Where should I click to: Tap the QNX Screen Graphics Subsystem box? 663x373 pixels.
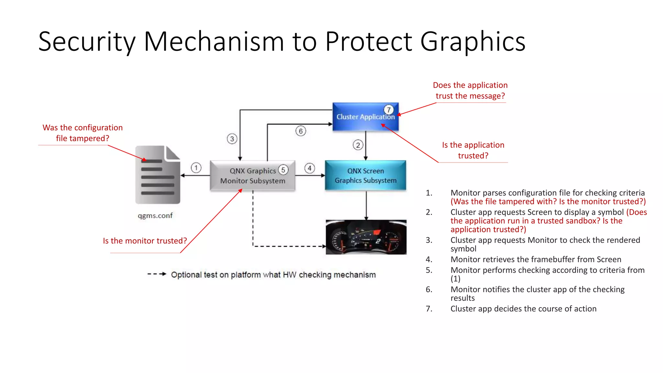click(365, 175)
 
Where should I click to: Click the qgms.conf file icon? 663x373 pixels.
click(158, 175)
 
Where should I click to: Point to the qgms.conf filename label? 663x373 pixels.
click(155, 216)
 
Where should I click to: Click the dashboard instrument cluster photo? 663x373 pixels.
click(366, 237)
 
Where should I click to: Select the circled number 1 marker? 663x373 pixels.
click(196, 168)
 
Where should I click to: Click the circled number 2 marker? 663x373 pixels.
click(358, 145)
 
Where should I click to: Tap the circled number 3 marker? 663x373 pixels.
click(232, 139)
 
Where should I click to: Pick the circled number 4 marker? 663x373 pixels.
click(309, 168)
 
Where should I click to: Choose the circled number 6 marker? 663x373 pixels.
click(300, 131)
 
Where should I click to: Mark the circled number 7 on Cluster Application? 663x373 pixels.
click(388, 110)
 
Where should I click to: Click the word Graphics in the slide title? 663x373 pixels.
click(473, 41)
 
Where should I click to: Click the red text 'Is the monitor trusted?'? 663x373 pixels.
click(145, 241)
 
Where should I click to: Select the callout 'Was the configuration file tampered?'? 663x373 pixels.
click(83, 133)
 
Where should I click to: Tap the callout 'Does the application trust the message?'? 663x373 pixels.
click(470, 90)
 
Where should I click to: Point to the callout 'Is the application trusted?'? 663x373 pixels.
click(473, 150)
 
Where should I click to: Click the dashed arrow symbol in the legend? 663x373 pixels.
click(157, 274)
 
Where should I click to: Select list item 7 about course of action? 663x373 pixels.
click(523, 309)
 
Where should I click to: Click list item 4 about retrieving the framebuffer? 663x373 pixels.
click(535, 259)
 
